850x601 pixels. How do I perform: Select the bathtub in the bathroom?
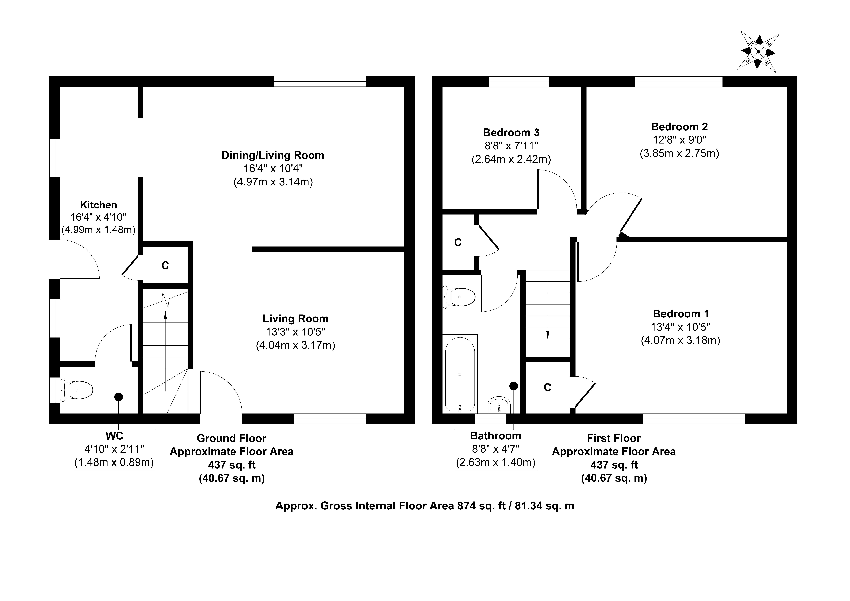coord(460,374)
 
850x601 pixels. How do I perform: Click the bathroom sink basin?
coord(499,405)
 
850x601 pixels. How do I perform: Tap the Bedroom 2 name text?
coord(679,127)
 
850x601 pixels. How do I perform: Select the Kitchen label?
coord(98,205)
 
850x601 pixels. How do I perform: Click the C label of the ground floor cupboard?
coord(165,265)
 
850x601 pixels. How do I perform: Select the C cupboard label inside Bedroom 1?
coord(548,388)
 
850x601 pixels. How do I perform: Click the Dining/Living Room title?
coord(273,155)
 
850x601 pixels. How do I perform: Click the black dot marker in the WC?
coord(118,397)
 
